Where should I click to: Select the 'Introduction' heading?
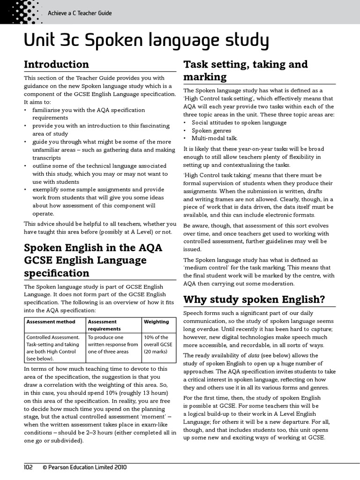(x=56, y=64)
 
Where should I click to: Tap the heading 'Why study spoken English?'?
(x=254, y=299)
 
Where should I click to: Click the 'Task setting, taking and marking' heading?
(x=245, y=70)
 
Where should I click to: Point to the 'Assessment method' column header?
(x=51, y=322)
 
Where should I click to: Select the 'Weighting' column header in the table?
(x=156, y=322)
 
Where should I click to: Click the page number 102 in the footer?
(x=30, y=467)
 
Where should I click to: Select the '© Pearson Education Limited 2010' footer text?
(x=84, y=467)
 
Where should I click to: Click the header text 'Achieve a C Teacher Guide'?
(x=80, y=13)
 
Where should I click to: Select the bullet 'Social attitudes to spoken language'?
(x=239, y=123)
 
